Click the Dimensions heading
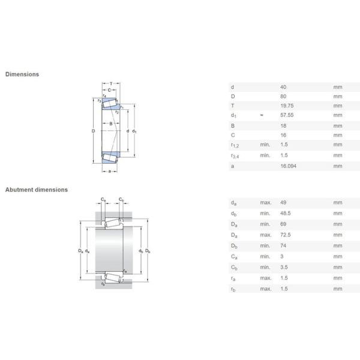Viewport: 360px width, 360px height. click(22, 74)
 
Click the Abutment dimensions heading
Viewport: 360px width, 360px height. click(37, 190)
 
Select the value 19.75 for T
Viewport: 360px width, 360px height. click(287, 106)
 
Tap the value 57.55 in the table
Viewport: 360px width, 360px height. click(287, 115)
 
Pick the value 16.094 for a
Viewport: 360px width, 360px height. click(289, 166)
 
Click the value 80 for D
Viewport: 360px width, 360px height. click(283, 97)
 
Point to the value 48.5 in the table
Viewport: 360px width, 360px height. click(286, 213)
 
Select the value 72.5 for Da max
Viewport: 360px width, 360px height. click(286, 235)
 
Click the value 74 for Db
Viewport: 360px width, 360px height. click(283, 245)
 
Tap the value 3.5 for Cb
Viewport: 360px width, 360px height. click(284, 267)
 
